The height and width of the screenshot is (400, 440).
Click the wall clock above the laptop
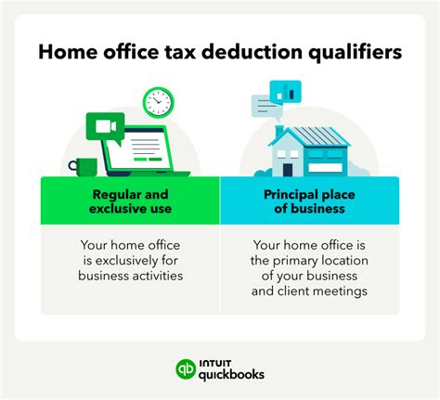pos(159,102)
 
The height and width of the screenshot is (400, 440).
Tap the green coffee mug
pos(84,167)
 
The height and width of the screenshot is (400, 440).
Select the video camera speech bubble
pos(105,126)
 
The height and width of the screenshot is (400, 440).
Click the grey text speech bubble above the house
pos(265,106)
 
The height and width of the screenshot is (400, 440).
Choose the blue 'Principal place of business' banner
pos(310,201)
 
